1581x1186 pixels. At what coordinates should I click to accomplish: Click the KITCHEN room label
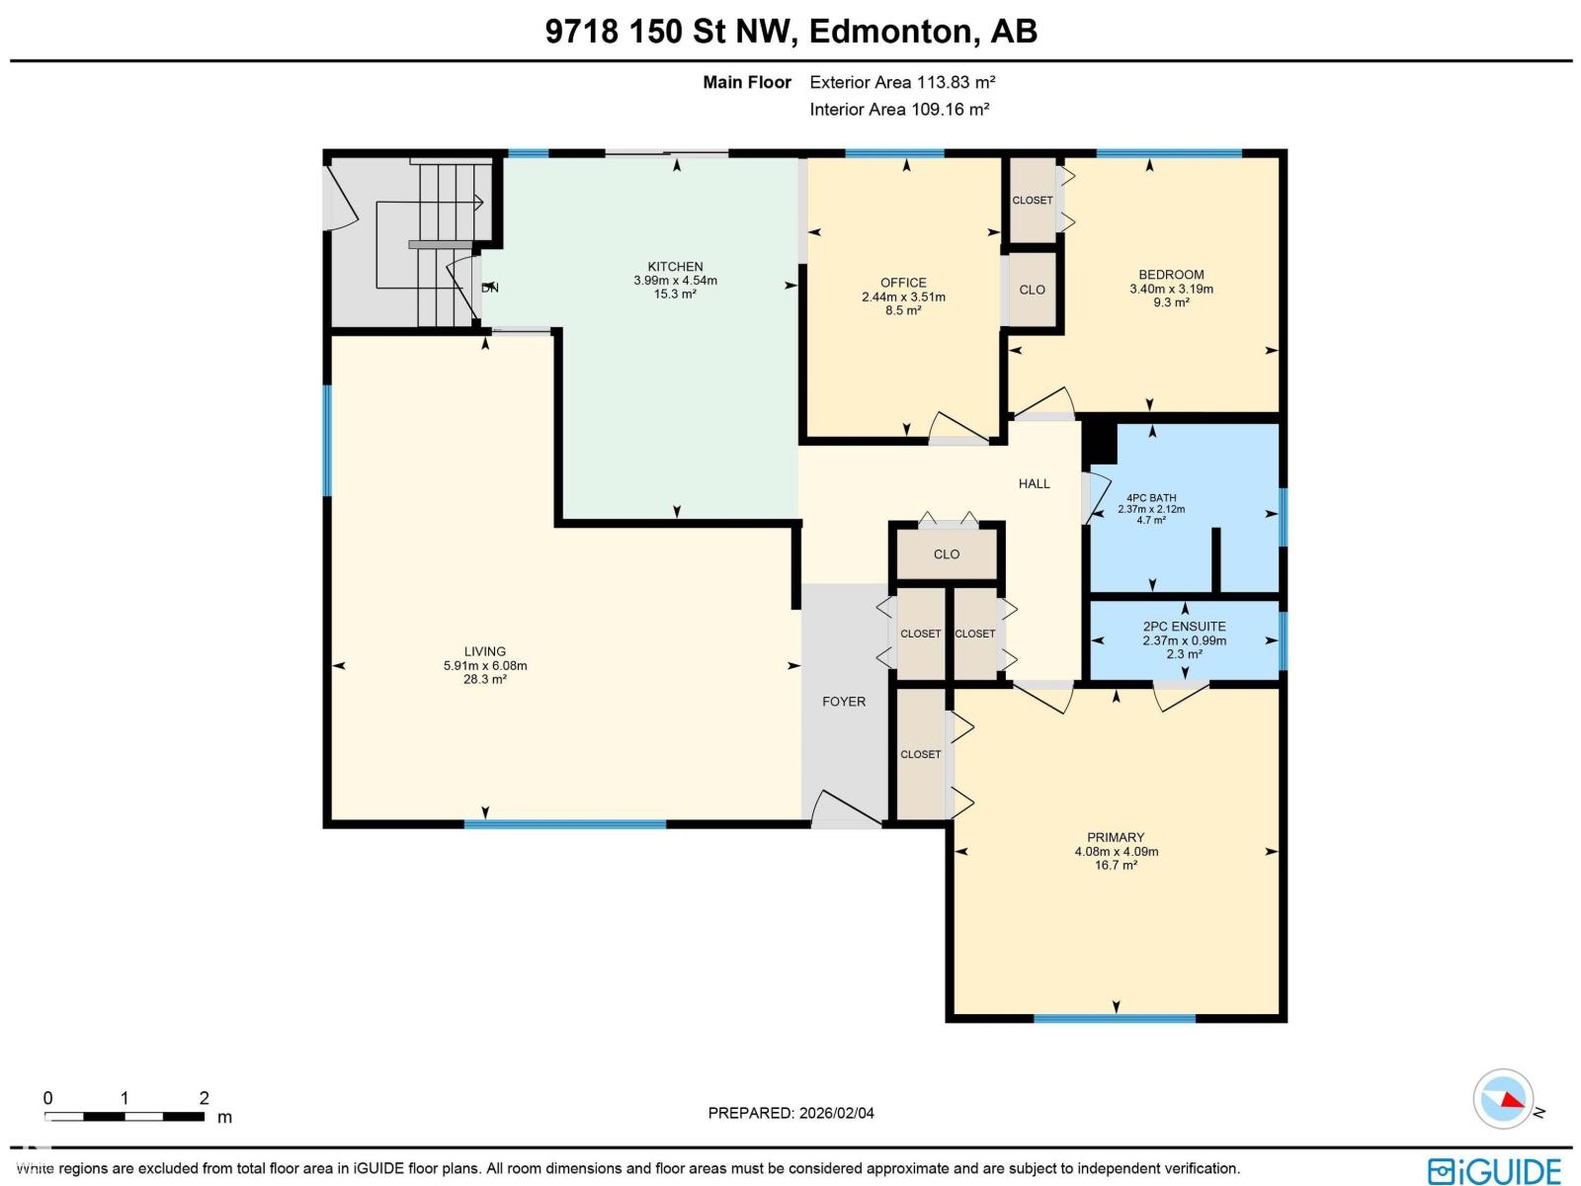tap(675, 266)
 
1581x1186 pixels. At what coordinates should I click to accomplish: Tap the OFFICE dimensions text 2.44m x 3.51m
tap(903, 296)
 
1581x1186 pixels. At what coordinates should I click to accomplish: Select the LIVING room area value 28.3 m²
tap(484, 680)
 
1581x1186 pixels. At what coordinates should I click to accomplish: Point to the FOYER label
tap(844, 702)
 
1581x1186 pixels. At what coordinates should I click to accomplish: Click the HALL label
tap(1035, 483)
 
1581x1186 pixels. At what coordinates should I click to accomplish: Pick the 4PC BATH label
tap(1151, 498)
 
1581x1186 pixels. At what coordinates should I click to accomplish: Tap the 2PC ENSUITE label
tap(1184, 626)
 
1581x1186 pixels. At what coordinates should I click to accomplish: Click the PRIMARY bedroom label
tap(1116, 837)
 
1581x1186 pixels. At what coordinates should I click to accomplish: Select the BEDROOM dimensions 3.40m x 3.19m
tap(1171, 289)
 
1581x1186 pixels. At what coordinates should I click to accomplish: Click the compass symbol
tap(1503, 1098)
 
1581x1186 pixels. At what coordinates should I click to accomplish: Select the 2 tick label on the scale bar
tap(204, 1098)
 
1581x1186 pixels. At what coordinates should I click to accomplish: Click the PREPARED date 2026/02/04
tap(790, 1113)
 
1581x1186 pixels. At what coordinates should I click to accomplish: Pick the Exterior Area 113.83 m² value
tap(902, 82)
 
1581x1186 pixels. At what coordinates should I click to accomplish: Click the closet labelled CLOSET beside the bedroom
tap(1032, 201)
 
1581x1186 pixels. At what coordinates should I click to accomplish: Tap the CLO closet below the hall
tap(946, 554)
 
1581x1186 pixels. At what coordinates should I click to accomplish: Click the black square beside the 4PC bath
tap(1100, 442)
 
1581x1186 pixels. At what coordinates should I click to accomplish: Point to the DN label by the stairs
tap(490, 288)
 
